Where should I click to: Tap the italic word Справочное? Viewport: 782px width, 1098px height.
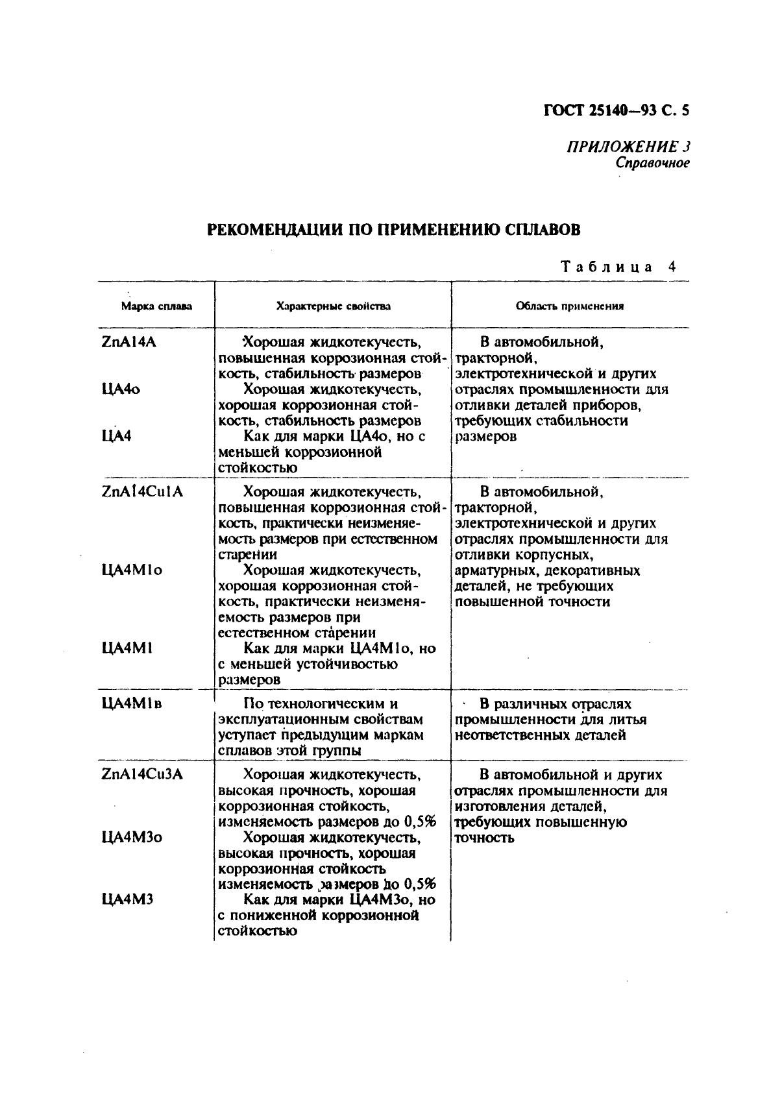652,162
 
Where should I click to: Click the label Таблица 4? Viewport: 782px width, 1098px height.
618,267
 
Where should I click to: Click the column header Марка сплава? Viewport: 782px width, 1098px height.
156,306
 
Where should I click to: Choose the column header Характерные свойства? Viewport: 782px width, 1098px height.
333,306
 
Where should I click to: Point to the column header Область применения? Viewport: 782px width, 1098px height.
569,306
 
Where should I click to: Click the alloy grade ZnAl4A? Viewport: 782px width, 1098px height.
128,342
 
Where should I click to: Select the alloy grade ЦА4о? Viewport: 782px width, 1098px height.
121,389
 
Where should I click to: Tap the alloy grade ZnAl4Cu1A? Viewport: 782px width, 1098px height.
142,491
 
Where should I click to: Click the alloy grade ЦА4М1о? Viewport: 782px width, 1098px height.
132,570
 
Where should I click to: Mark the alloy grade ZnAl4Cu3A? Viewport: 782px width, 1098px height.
142,774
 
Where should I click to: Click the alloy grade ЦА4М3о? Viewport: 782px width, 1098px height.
132,837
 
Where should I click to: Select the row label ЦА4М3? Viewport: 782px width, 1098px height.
127,900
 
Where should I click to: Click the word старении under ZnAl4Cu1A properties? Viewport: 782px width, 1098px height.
247,554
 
